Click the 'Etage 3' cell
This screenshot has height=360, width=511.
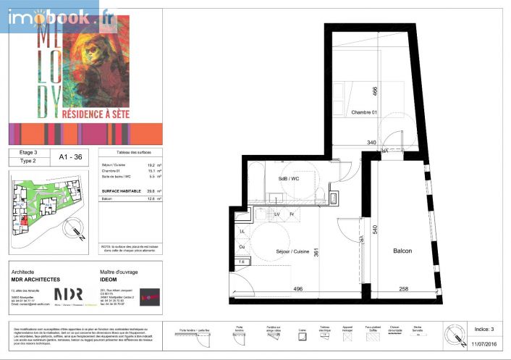[28, 154]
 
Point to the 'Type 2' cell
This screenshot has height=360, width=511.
[28, 162]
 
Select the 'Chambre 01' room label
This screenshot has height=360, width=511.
[364, 112]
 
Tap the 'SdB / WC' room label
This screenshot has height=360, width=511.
[289, 179]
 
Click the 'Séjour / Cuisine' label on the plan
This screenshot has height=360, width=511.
[293, 251]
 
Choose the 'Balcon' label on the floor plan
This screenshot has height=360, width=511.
[402, 251]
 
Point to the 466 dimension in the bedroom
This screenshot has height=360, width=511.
[375, 92]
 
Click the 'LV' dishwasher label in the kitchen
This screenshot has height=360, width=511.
[276, 214]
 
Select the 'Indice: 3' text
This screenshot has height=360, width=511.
[482, 329]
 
